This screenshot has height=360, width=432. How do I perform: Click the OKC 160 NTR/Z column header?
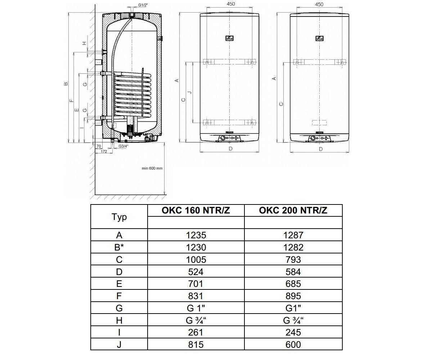pos(196,210)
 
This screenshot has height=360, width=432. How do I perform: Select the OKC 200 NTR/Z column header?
pos(293,210)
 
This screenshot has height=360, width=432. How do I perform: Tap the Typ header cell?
pos(119,217)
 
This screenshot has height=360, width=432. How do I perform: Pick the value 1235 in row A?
pos(196,235)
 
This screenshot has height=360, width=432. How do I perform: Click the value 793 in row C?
pos(293,260)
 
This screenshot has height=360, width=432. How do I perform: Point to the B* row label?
pos(119,247)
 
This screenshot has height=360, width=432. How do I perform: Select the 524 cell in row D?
pos(196,272)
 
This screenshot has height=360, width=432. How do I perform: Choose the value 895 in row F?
pos(293,296)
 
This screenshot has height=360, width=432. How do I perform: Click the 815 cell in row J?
pos(196,345)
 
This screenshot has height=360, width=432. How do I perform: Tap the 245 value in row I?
pos(293,333)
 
